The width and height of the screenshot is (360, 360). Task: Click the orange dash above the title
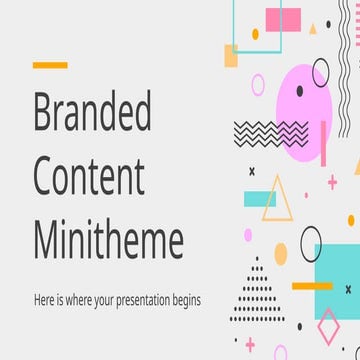click(x=50, y=65)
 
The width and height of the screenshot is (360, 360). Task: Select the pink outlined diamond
click(x=327, y=325)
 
